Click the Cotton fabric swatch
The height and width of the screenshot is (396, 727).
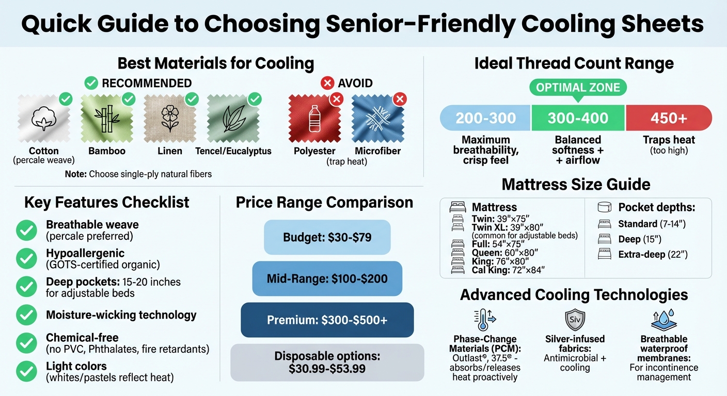pyautogui.click(x=44, y=120)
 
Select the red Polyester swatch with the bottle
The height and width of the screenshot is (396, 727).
pyautogui.click(x=314, y=120)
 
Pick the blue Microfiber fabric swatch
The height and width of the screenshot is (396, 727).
pyautogui.click(x=377, y=120)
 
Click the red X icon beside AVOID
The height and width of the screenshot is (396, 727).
pyautogui.click(x=327, y=83)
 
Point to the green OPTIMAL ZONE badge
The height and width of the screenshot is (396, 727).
pyautogui.click(x=578, y=88)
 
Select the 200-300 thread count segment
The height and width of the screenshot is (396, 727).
pyautogui.click(x=485, y=118)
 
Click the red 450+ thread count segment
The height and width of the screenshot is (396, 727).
pyautogui.click(x=669, y=118)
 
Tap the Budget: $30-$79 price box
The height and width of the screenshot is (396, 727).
pyautogui.click(x=327, y=238)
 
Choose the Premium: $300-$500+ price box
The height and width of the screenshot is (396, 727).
pyautogui.click(x=327, y=320)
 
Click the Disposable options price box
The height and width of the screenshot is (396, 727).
pyautogui.click(x=327, y=362)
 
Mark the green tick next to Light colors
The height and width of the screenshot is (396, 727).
pyautogui.click(x=26, y=372)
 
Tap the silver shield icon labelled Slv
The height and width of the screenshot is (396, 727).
pyautogui.click(x=574, y=320)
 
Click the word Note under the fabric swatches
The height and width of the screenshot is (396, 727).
pyautogui.click(x=75, y=174)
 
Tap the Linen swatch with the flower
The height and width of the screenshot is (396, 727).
pyautogui.click(x=170, y=120)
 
